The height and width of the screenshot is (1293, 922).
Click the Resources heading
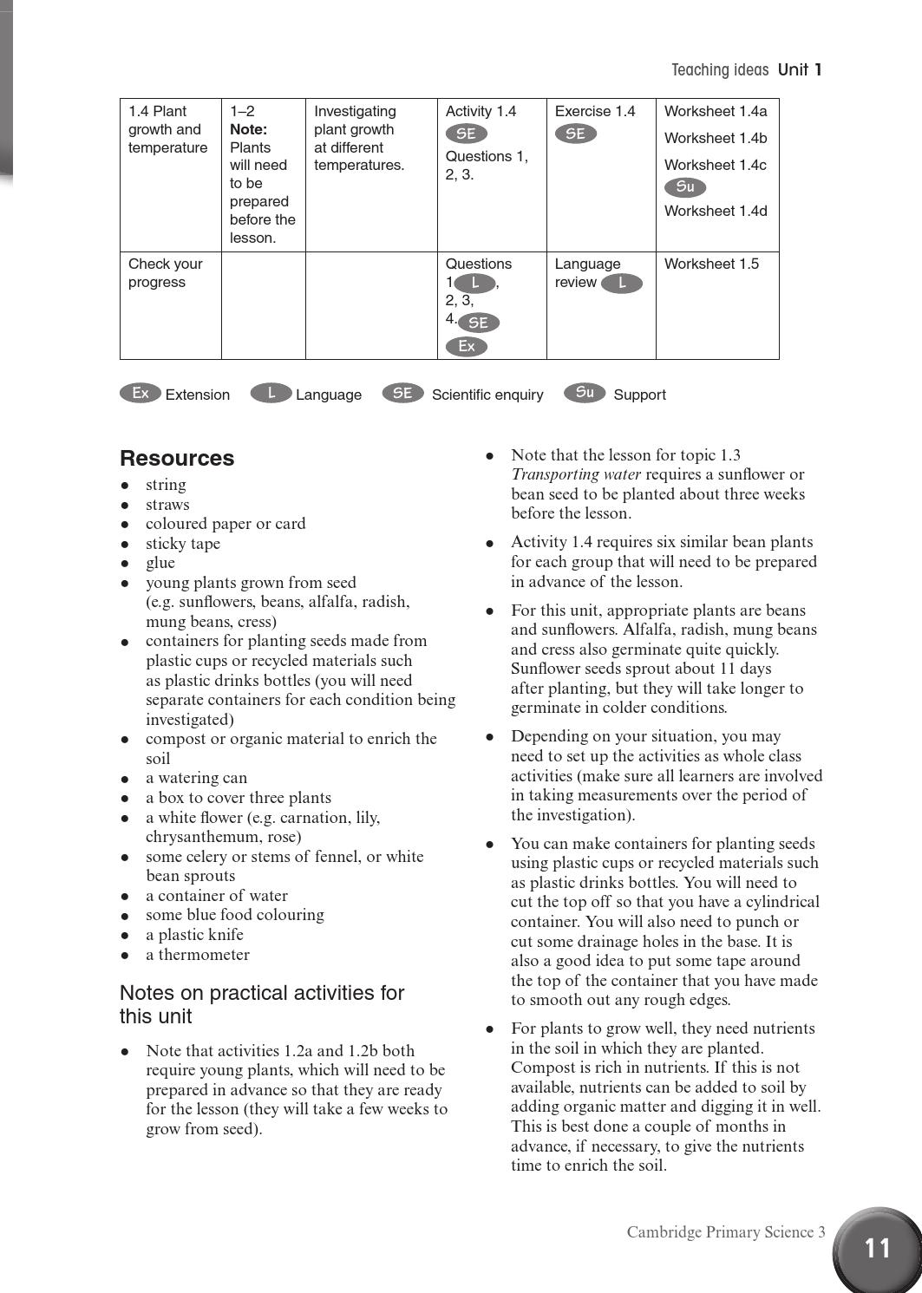coord(177,458)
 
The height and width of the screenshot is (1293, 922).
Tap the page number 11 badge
coord(877,1248)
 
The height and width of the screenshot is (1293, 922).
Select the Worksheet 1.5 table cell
coord(711,264)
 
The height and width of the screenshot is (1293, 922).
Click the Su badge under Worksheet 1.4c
coord(685,187)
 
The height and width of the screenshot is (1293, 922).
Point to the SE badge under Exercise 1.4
coord(576,134)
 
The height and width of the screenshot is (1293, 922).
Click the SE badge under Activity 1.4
coord(467,134)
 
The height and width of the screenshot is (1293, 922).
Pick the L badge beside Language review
coord(621,284)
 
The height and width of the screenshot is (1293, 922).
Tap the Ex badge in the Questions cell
coord(467,347)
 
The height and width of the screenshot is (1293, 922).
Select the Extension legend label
coord(197,395)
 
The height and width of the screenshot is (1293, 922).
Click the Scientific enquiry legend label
coord(487,395)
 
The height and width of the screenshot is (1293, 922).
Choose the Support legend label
coord(639,395)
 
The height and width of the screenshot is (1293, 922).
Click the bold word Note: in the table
coord(248,129)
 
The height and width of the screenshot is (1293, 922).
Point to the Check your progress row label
coord(165,272)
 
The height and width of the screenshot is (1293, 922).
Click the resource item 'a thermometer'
coord(197,954)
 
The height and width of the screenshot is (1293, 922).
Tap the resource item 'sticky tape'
coord(183,543)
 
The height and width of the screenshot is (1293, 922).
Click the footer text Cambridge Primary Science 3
coord(726,1231)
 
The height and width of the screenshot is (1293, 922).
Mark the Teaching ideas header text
coord(720,70)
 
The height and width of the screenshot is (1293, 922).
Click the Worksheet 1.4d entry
coord(716,211)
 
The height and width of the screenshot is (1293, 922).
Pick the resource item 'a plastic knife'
coord(194,934)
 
